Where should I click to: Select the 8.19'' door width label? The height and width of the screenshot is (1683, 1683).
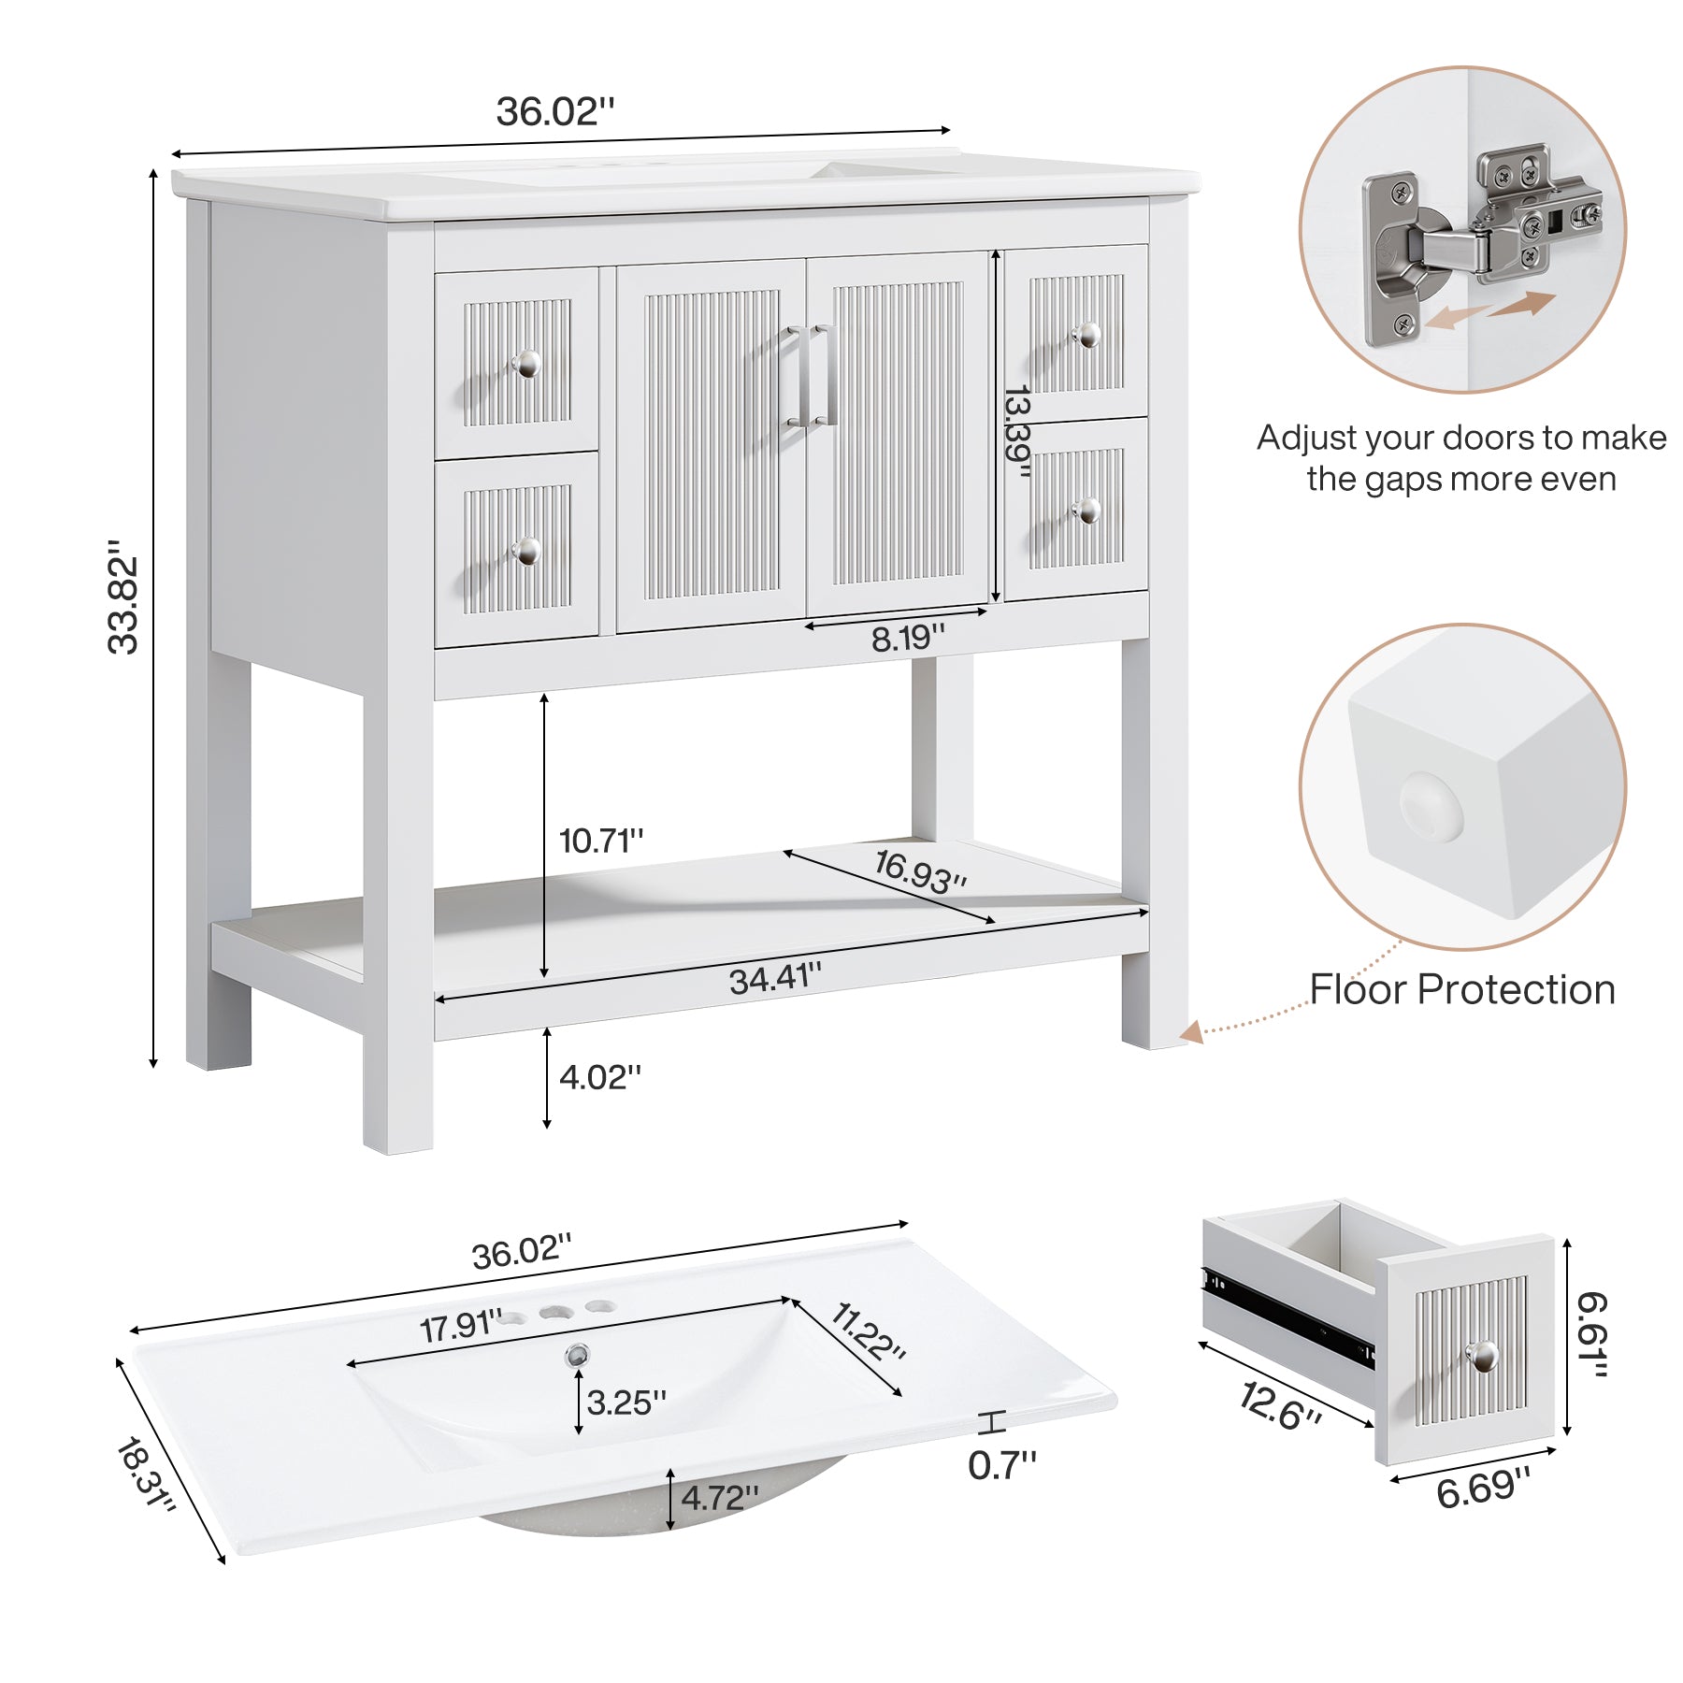tap(907, 639)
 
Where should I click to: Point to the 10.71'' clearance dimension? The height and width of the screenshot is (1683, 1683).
tap(601, 841)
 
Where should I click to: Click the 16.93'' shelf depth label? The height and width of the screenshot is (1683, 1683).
tap(920, 870)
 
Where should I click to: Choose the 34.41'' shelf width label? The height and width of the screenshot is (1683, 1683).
tap(775, 979)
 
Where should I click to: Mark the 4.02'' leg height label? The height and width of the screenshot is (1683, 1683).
tap(600, 1077)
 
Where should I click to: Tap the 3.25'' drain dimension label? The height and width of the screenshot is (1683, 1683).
tap(626, 1402)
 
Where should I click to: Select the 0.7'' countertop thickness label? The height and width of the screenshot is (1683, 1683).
tap(1001, 1465)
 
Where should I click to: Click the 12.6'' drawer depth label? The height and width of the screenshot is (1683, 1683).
tap(1280, 1406)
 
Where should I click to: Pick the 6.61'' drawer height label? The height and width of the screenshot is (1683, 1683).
tap(1591, 1334)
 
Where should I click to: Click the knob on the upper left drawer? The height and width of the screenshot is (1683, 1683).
tap(526, 364)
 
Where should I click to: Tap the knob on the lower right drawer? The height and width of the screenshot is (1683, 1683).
tap(1087, 511)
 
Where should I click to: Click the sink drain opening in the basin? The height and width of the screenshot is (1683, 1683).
tap(577, 1353)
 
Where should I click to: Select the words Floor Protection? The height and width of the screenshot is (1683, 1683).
tap(1461, 989)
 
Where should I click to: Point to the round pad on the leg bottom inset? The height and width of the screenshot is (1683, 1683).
tap(1430, 805)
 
